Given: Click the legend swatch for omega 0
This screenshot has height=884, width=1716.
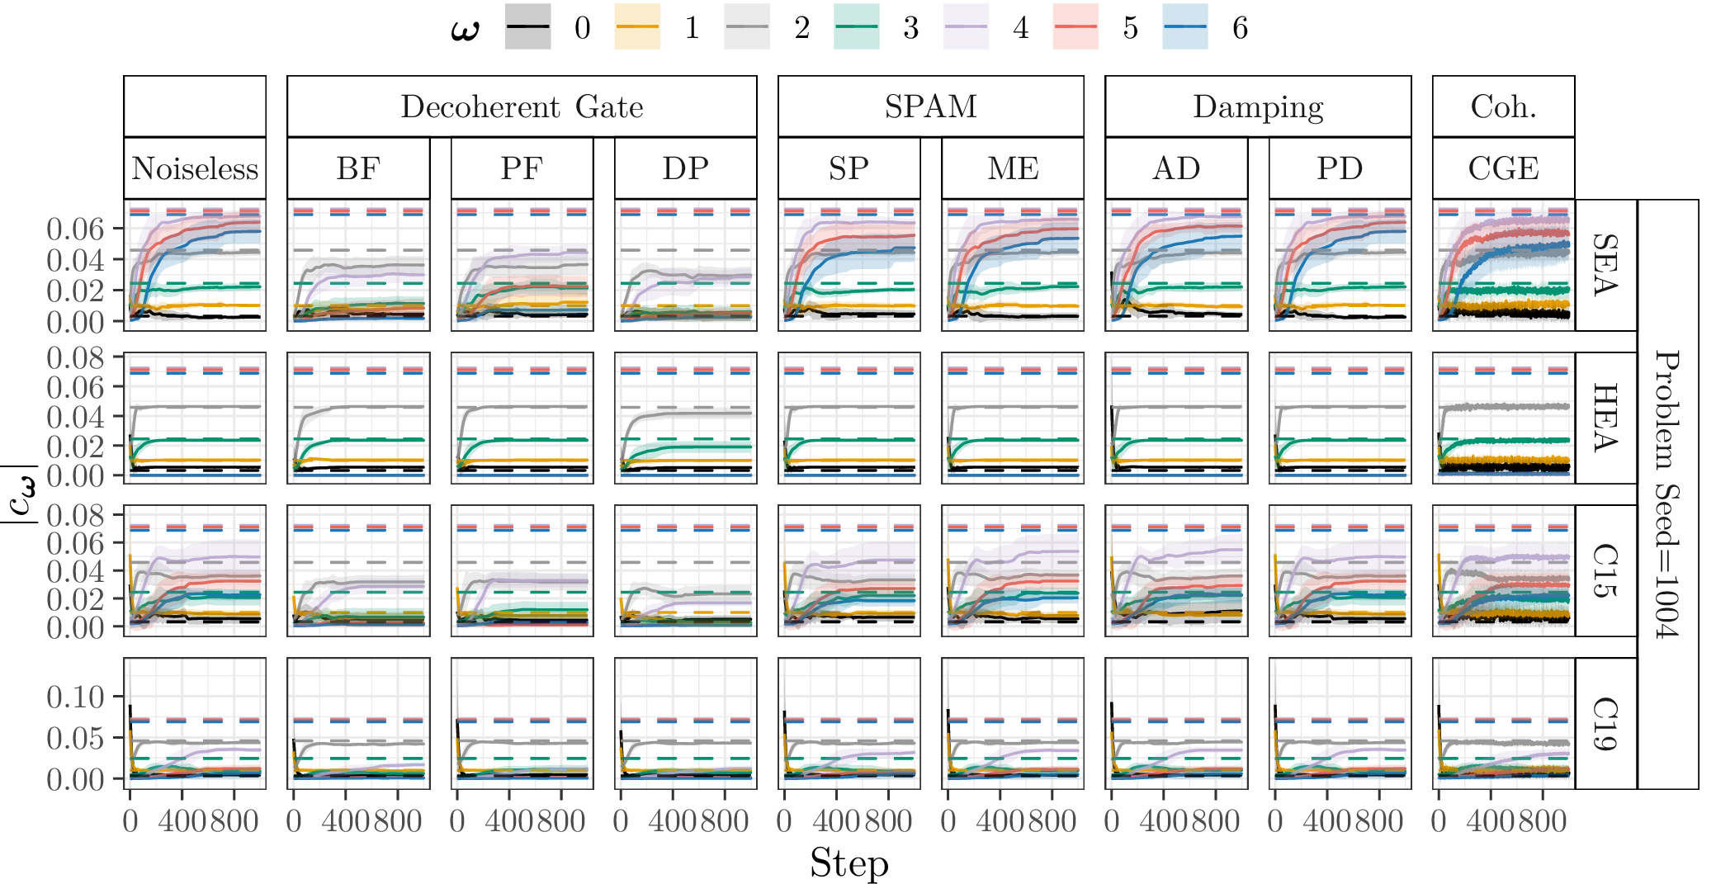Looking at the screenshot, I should [x=527, y=27].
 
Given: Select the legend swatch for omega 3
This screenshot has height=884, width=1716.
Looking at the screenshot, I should [x=856, y=27].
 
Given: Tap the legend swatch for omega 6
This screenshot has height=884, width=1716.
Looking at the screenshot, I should [x=1184, y=27].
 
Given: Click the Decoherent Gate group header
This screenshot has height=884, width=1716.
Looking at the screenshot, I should [x=522, y=106].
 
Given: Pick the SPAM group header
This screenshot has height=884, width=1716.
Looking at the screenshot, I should [x=930, y=106].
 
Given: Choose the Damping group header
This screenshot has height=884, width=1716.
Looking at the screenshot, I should [x=1258, y=106].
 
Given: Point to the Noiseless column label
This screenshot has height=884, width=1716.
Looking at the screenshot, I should [x=195, y=168].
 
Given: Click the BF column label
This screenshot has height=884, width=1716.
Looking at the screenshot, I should [x=358, y=168].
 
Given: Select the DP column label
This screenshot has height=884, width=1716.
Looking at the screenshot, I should [x=685, y=168].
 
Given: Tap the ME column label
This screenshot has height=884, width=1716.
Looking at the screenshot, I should [x=1013, y=168].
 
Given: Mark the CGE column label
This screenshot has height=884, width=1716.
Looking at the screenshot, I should [x=1503, y=168].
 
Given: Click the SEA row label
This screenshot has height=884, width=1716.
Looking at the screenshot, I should [x=1605, y=265].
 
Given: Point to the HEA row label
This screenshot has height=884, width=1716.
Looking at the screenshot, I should [x=1605, y=418].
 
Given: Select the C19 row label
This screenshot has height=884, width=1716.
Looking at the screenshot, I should [x=1605, y=723].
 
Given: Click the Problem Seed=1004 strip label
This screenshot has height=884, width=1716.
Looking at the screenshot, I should [x=1668, y=494].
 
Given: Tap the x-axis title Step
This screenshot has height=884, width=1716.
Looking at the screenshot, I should [x=849, y=863].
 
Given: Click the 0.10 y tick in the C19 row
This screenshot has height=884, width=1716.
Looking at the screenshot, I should [x=76, y=697].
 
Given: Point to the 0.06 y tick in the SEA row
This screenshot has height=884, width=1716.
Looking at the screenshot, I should [x=76, y=229].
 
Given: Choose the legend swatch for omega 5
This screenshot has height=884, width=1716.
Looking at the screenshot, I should [x=1075, y=27].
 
